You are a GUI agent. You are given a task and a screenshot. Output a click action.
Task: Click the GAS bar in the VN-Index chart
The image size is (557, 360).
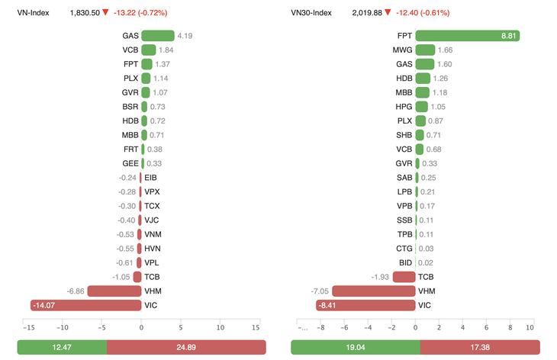click(157, 36)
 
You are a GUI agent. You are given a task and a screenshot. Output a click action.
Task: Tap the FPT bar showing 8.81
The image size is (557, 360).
click(467, 36)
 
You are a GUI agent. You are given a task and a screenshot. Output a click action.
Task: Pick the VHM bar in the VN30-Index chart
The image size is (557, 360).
click(374, 291)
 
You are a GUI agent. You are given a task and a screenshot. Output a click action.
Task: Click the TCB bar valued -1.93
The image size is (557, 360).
click(404, 277)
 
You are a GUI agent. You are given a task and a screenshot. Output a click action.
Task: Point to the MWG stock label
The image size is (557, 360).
click(403, 50)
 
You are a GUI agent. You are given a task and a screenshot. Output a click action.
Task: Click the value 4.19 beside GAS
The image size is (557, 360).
click(185, 36)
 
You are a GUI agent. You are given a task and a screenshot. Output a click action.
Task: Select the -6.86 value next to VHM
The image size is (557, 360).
click(75, 291)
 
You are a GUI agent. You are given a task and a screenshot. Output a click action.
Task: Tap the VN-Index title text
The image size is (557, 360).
click(33, 13)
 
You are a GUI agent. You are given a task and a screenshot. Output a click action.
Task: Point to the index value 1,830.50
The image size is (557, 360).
click(84, 13)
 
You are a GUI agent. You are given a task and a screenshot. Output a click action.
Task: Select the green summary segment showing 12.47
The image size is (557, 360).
click(62, 347)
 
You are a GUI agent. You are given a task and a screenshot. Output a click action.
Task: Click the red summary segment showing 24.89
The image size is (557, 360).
click(186, 347)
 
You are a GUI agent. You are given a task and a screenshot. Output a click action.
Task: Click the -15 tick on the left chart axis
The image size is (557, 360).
click(29, 328)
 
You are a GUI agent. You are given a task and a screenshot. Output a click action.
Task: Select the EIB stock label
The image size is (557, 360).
click(151, 178)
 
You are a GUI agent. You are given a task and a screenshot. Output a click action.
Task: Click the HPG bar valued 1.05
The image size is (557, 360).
click(422, 107)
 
